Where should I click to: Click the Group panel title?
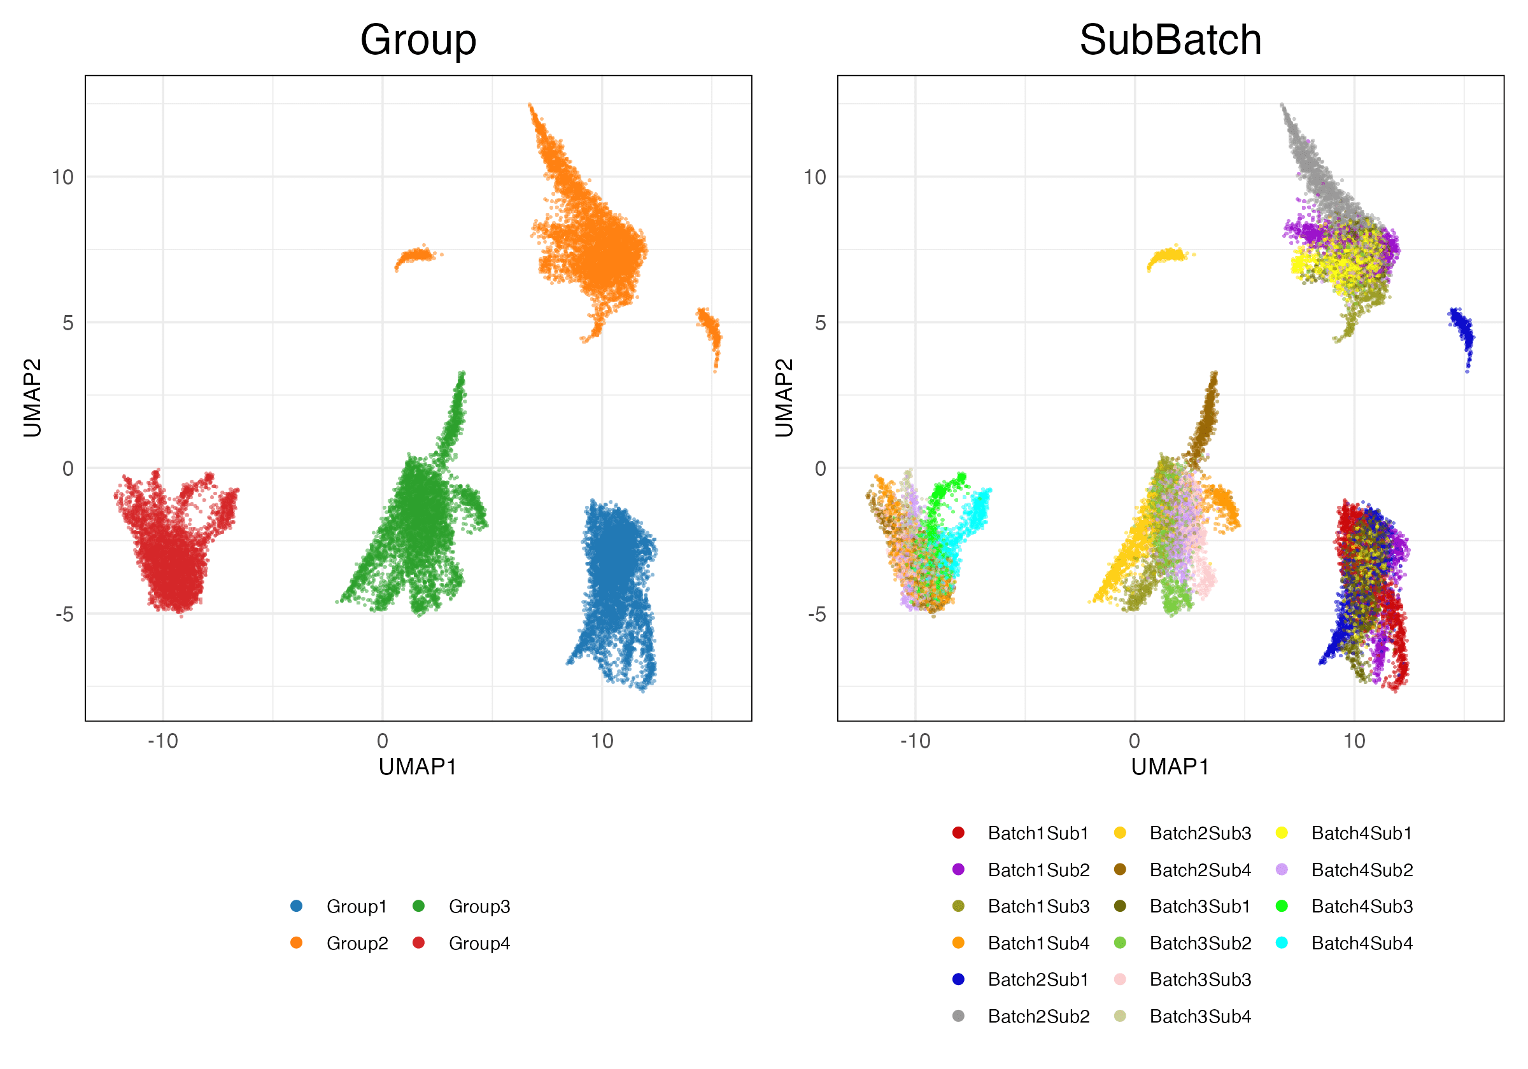tap(418, 40)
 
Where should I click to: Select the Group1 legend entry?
tap(356, 906)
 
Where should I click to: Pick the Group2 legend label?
tap(357, 943)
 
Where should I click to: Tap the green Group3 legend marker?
tap(418, 906)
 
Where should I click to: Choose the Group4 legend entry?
tap(479, 943)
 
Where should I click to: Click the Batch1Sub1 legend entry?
tap(1038, 833)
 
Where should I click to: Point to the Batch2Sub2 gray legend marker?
tap(958, 1016)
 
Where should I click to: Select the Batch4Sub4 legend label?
tap(1362, 943)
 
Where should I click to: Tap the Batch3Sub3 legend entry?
tap(1200, 979)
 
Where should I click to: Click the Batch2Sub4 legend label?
tap(1200, 869)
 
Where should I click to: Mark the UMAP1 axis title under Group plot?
tap(418, 767)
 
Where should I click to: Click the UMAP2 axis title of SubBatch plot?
tap(784, 398)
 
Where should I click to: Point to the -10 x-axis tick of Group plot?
tap(163, 741)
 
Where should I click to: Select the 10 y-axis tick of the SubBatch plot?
tap(814, 177)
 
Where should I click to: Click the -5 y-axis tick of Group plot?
tap(64, 614)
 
